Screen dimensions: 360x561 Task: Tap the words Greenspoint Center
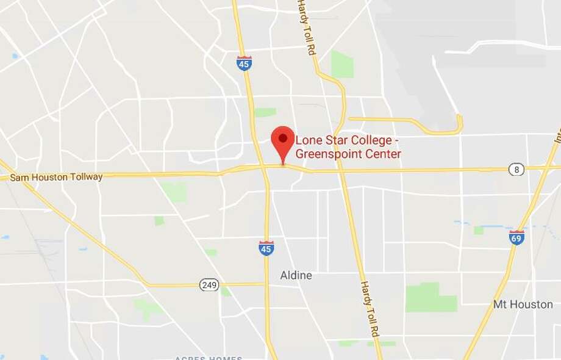[348, 154]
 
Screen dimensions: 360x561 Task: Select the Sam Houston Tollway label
[56, 177]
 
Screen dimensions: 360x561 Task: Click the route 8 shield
[516, 170]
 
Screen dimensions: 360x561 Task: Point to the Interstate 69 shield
[516, 237]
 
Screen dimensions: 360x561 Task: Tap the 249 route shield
[208, 284]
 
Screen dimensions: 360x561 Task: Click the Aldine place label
[296, 275]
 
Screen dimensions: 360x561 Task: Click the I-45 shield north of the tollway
[245, 63]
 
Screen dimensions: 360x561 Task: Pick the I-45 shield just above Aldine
[266, 247]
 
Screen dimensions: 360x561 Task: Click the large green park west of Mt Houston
[431, 298]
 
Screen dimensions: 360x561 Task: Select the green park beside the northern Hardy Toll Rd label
[342, 65]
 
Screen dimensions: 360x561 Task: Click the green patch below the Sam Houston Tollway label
[174, 192]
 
